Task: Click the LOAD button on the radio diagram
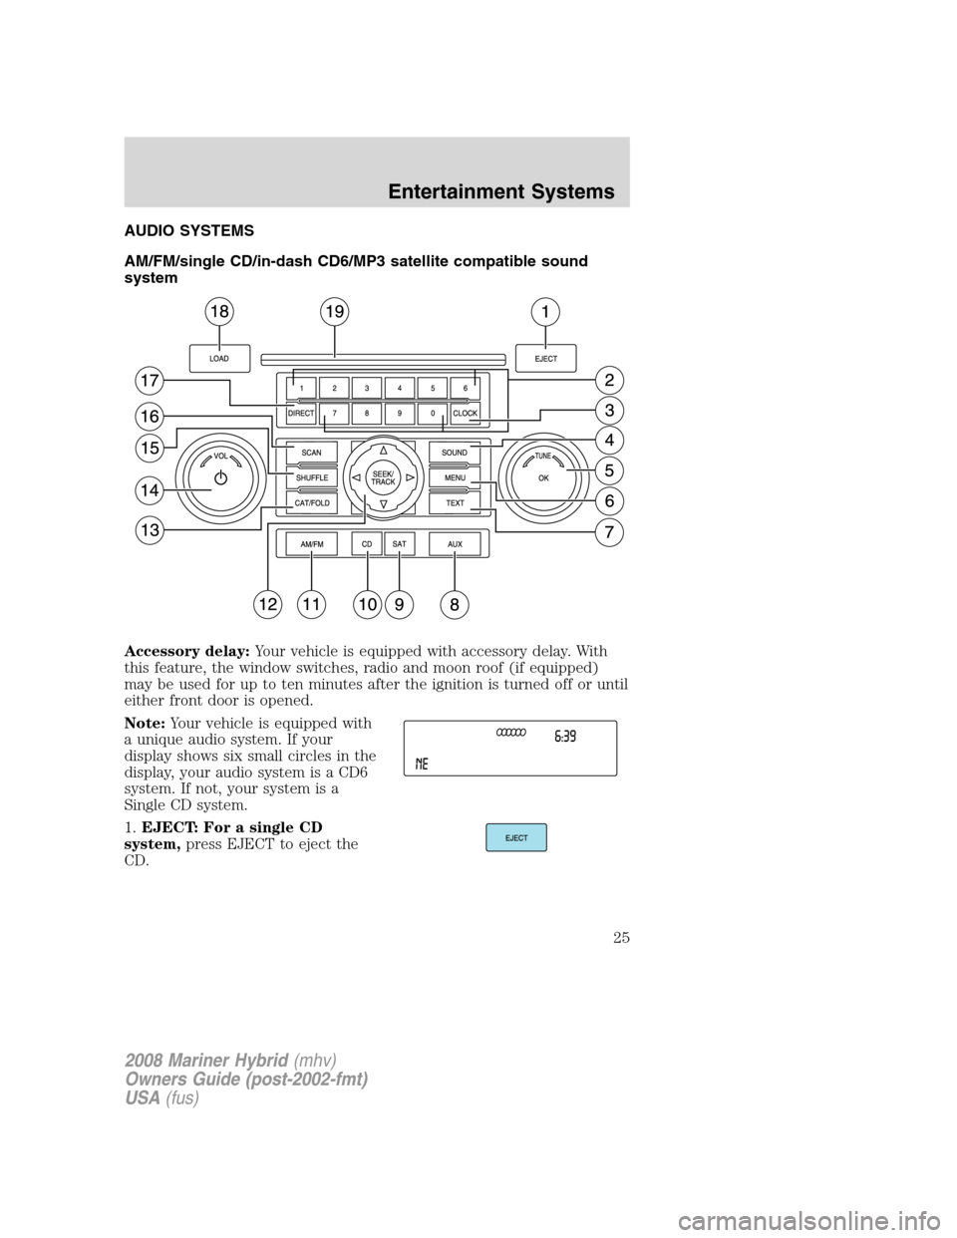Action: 218,358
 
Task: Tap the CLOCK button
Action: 466,413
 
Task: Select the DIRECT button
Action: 300,413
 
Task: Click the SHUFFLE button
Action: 311,478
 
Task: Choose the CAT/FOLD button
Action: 311,503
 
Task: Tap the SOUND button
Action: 455,453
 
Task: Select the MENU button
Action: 455,478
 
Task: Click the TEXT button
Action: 455,503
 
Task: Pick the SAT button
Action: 399,543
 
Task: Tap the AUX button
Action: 455,543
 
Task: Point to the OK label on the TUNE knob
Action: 543,478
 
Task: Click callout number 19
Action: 335,312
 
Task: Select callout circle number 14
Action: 150,489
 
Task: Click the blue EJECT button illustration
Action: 516,837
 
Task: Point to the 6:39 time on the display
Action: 564,738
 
